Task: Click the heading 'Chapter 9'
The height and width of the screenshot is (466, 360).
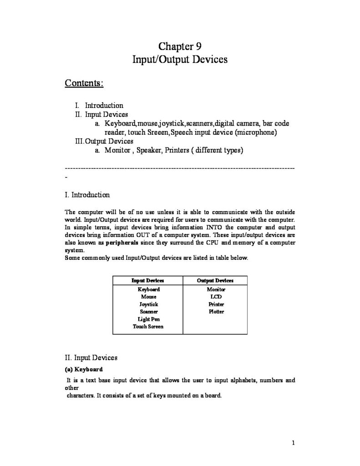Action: [180, 46]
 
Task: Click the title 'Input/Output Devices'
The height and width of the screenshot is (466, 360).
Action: [180, 60]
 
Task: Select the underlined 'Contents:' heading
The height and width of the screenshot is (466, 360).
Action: [84, 83]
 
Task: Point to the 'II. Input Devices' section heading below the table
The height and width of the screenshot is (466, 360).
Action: [91, 358]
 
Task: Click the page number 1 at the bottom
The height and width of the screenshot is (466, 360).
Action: [294, 442]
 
